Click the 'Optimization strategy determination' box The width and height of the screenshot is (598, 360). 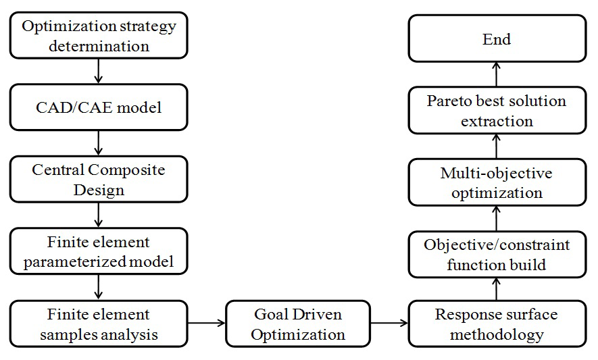click(99, 36)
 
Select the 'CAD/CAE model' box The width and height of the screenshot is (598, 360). click(99, 107)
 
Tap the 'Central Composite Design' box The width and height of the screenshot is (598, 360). click(99, 179)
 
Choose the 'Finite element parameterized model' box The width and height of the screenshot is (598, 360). click(99, 251)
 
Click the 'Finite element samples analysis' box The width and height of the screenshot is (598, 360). click(99, 324)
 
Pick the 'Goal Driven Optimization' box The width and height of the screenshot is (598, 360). click(298, 324)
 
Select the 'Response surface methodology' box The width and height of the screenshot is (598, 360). click(497, 324)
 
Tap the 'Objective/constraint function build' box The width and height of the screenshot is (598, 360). click(497, 254)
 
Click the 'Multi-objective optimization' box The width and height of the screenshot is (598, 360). click(497, 182)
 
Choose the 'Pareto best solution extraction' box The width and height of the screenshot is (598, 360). click(497, 111)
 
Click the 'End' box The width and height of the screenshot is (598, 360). click(497, 39)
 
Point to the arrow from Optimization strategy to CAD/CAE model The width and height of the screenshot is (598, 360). click(99, 71)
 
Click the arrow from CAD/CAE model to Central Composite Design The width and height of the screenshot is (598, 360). click(99, 143)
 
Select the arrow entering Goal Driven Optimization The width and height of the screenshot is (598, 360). click(206, 324)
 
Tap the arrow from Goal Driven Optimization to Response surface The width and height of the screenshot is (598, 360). click(389, 324)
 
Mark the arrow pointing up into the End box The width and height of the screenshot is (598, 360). click(497, 74)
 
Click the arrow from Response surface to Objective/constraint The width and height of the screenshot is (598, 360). click(497, 289)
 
